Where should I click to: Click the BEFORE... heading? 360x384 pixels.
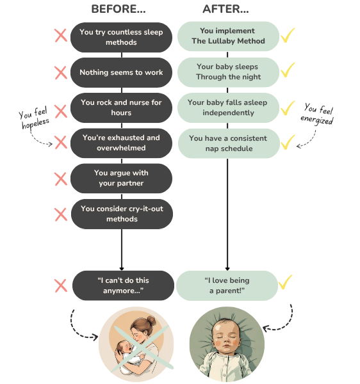[119, 10]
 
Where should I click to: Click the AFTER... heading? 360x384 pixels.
[225, 10]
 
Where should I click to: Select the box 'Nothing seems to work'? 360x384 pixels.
[121, 72]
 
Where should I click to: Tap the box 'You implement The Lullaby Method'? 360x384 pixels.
[228, 36]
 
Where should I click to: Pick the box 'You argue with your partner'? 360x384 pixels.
[121, 179]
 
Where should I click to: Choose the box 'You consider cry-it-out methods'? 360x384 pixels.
[122, 214]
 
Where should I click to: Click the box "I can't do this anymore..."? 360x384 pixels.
[123, 285]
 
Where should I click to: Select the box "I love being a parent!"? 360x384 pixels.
[227, 285]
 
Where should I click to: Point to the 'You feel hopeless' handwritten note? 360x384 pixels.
[33, 118]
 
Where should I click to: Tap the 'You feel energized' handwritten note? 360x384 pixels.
[317, 115]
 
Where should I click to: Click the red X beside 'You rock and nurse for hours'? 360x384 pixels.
[61, 111]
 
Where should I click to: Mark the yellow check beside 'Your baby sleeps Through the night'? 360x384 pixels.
[288, 70]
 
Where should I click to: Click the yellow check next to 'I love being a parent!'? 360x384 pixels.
[286, 282]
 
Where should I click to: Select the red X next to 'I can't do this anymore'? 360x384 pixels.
[61, 285]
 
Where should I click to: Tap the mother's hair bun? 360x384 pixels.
[151, 321]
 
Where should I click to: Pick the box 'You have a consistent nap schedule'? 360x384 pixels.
[229, 143]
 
